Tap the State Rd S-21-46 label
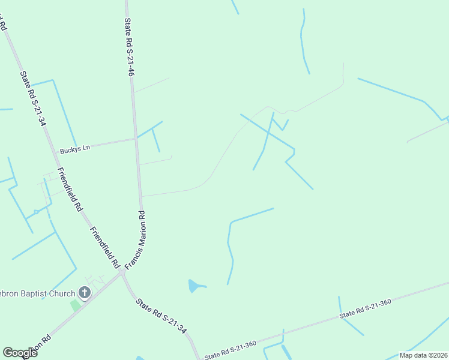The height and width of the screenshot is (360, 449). [128, 47]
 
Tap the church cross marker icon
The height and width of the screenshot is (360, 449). [85, 293]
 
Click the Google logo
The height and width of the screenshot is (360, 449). [20, 353]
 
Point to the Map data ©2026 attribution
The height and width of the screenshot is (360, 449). [423, 355]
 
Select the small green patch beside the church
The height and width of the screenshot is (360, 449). [75, 305]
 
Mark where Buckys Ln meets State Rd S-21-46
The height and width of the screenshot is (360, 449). [135, 139]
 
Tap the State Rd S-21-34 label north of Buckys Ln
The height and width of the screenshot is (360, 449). [33, 99]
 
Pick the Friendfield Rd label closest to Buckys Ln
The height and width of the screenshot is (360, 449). [69, 190]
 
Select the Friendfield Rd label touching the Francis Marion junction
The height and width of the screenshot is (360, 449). [104, 247]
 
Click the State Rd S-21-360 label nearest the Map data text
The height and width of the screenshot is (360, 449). [365, 308]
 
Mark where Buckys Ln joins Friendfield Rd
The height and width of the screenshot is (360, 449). [56, 152]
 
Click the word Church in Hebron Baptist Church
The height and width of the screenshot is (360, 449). [64, 293]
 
